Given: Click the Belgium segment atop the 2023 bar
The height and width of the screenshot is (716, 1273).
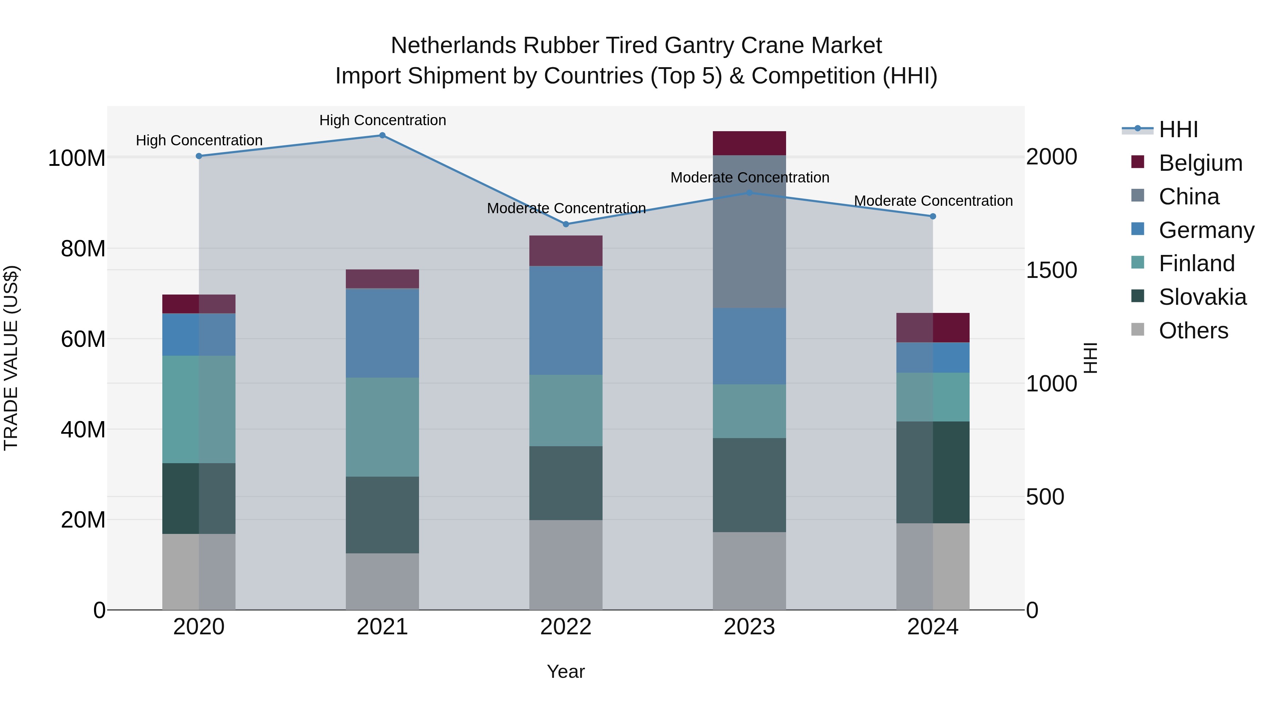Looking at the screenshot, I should [x=749, y=143].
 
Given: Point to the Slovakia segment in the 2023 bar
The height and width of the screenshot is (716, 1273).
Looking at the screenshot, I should [x=749, y=485].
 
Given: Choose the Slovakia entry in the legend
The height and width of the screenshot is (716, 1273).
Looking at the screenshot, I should [x=1202, y=297].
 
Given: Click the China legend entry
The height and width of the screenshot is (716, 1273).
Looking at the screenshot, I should [x=1188, y=197].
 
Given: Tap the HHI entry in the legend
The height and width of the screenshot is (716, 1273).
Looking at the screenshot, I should [x=1178, y=129].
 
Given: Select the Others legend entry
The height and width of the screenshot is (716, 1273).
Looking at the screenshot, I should [x=1193, y=331].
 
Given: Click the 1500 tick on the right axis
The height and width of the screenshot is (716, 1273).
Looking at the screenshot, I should [x=1051, y=270].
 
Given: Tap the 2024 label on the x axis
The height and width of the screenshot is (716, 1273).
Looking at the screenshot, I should [x=932, y=627].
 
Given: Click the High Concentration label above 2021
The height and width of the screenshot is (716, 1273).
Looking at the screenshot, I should [x=383, y=120].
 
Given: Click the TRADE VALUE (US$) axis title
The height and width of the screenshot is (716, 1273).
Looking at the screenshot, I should [x=11, y=358].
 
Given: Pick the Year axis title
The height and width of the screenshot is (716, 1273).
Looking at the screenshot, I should [x=566, y=671].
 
